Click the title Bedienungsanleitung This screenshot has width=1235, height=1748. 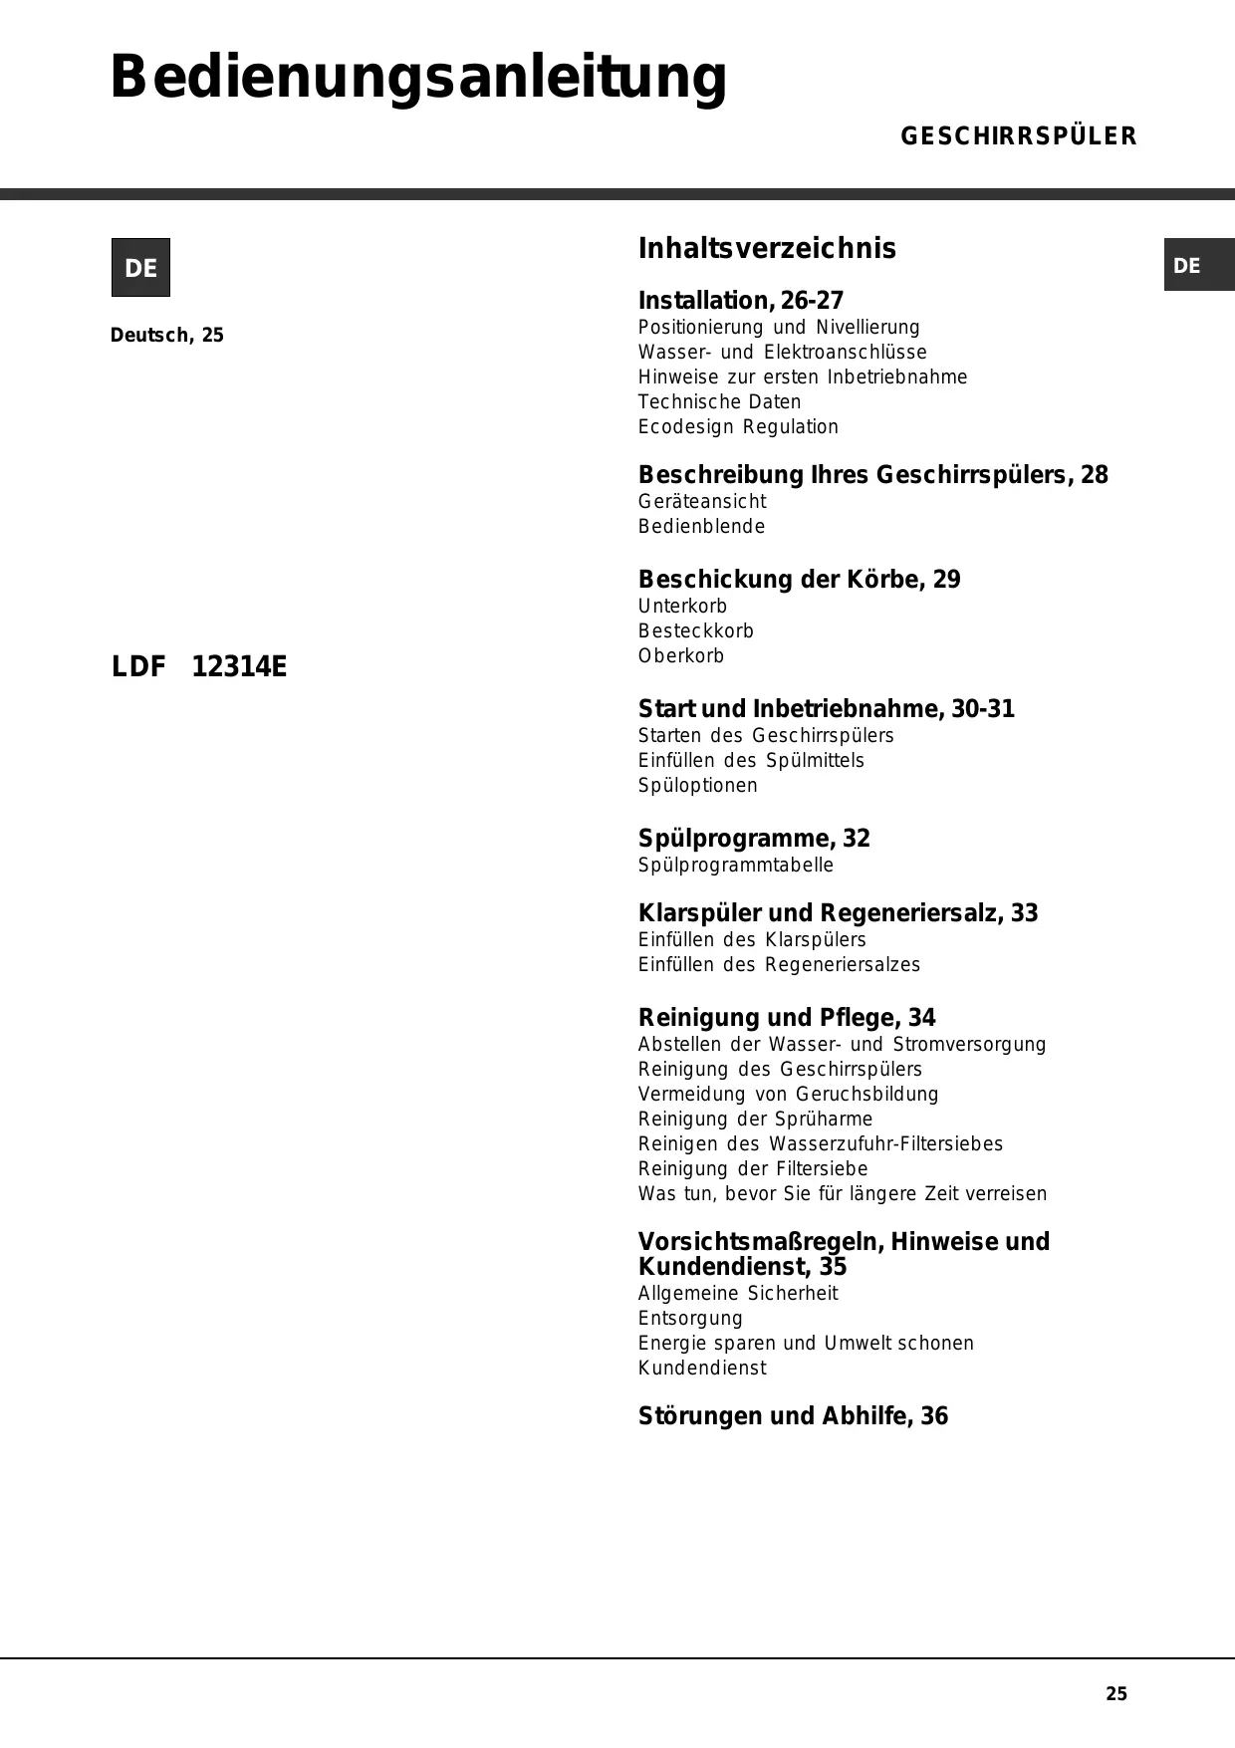point(418,78)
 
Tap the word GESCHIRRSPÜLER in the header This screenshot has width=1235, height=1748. point(1018,136)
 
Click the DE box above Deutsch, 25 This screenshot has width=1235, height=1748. point(140,268)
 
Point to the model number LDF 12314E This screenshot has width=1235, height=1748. point(199,666)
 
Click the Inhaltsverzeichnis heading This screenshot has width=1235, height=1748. point(767,248)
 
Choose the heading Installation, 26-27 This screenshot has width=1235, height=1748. point(740,301)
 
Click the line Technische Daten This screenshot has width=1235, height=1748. point(719,401)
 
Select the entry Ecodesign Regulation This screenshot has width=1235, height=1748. point(738,426)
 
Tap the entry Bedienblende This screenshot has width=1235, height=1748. point(701,526)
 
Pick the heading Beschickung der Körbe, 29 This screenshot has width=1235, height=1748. point(799,580)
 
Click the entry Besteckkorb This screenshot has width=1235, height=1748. point(695,630)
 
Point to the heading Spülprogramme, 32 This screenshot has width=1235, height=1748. point(754,839)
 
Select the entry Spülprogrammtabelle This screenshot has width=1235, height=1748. point(735,865)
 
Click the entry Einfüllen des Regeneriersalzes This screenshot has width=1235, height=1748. point(779,964)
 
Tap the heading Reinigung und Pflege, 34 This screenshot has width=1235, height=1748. point(787,1018)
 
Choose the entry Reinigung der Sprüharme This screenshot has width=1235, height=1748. point(755,1119)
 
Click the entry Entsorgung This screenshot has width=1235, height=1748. point(690,1318)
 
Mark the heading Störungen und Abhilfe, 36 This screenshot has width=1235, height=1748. point(793,1416)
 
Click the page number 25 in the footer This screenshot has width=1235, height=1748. point(1116,1693)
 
